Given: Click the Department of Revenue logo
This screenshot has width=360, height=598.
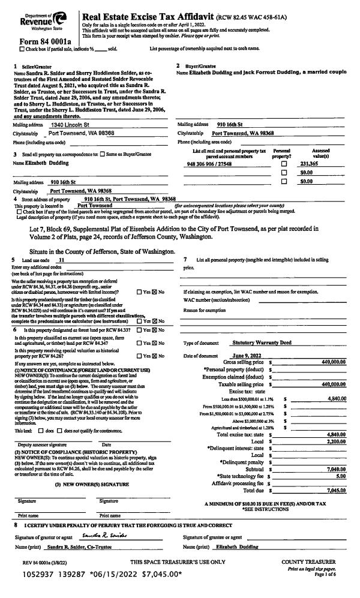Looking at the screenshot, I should point(42,19).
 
